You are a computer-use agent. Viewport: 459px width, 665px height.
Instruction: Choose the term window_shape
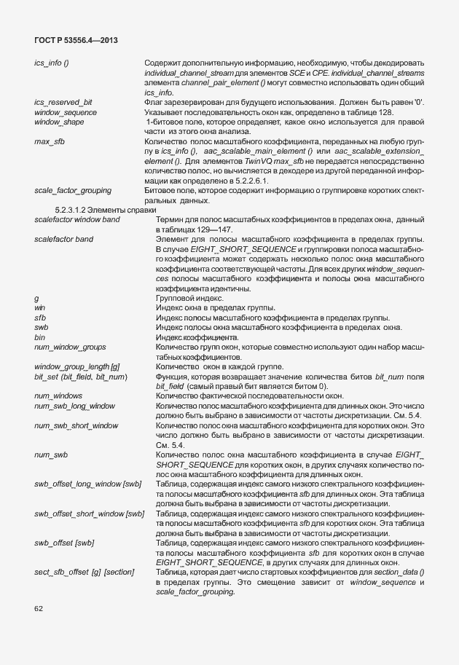(x=59, y=122)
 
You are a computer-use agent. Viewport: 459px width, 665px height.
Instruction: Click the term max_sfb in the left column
(x=49, y=141)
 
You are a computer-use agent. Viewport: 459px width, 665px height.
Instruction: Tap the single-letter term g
(x=36, y=299)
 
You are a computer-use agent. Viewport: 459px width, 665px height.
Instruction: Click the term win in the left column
(x=40, y=308)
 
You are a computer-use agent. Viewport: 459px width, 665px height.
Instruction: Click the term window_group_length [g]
(x=77, y=366)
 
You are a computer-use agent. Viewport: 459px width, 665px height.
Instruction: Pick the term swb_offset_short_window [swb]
(x=90, y=514)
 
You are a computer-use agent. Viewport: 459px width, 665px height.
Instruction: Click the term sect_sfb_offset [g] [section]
(x=85, y=572)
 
